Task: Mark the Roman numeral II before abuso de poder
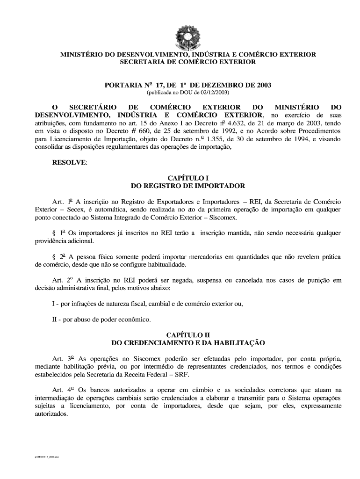pos(54,320)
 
